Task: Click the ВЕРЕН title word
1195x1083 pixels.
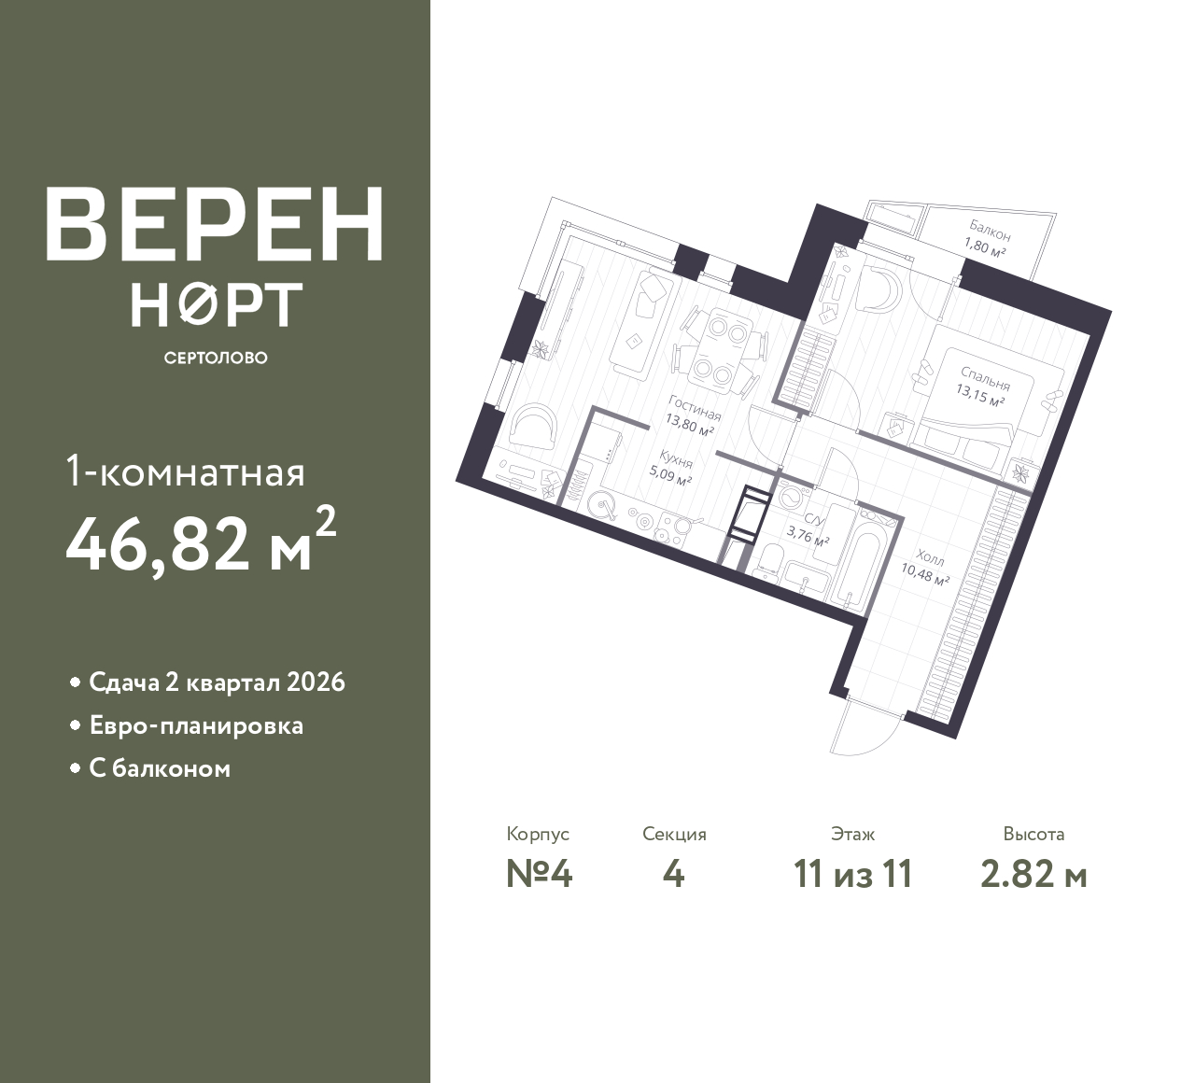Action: point(214,224)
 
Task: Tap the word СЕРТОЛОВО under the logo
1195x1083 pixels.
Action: point(215,358)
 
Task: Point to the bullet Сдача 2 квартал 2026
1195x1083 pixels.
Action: point(217,682)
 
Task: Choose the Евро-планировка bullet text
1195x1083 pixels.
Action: point(196,725)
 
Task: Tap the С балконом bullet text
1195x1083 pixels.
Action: point(160,768)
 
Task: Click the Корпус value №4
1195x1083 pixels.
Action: point(539,875)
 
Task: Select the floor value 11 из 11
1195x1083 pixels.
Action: point(852,875)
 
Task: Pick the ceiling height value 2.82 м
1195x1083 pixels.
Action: point(1033,875)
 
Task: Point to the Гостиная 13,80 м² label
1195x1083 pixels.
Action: point(691,420)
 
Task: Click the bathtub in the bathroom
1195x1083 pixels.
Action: point(851,556)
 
